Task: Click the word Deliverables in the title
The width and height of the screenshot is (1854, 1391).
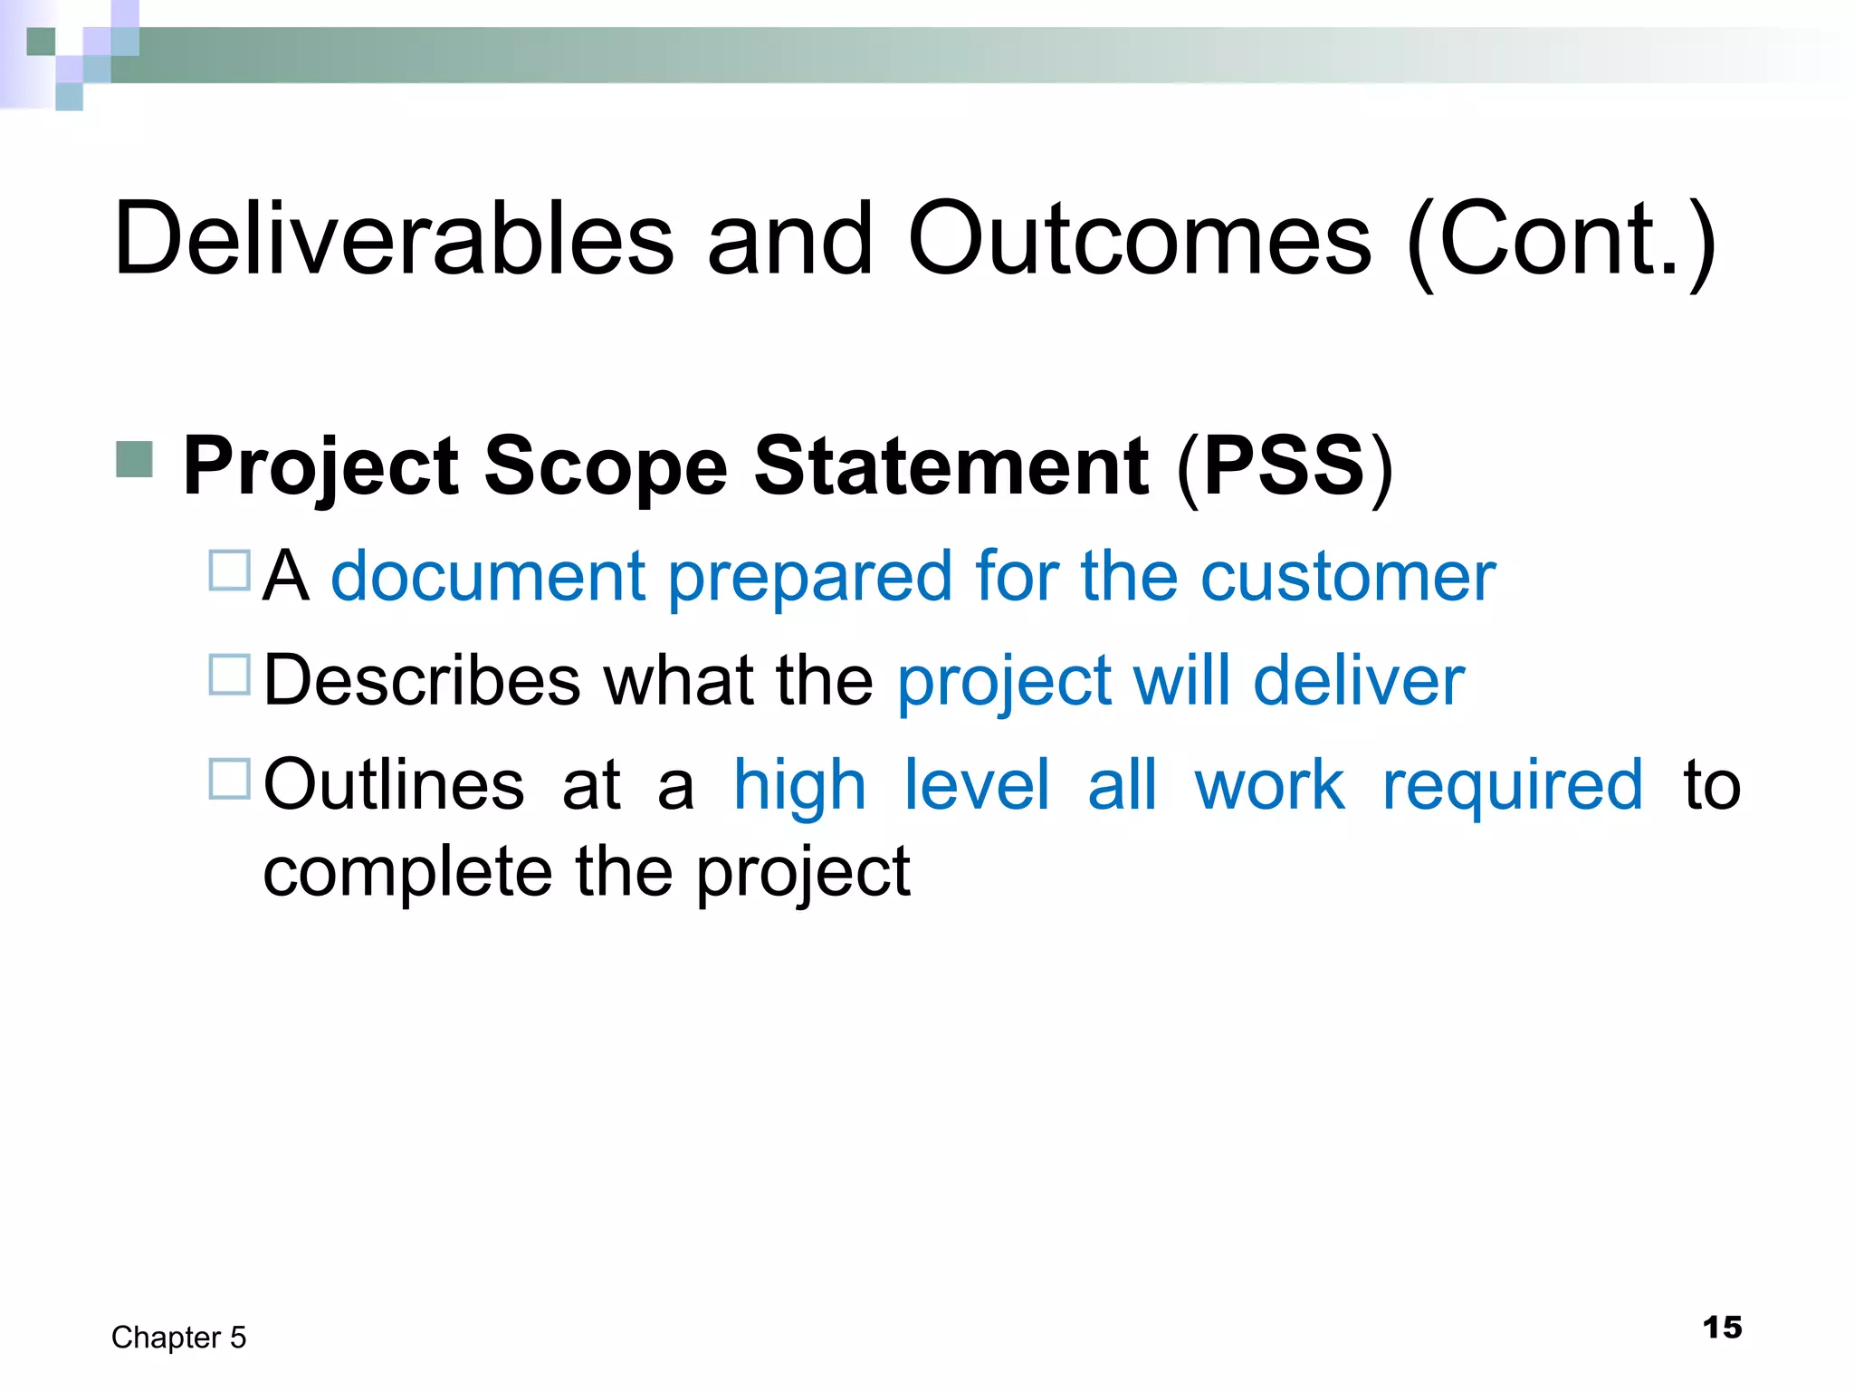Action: pos(394,238)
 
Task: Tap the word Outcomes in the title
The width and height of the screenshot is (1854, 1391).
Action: pos(1139,238)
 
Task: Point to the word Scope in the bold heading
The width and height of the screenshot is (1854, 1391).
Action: pos(606,466)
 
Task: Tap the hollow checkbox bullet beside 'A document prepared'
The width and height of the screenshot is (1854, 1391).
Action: pos(229,571)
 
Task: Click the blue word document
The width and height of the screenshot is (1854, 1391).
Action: pos(488,576)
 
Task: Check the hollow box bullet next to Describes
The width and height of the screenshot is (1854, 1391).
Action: pos(229,675)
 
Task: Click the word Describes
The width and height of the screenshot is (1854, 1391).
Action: pos(422,680)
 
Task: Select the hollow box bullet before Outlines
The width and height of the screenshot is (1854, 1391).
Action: pos(229,779)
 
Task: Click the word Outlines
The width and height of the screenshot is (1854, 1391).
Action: pos(394,784)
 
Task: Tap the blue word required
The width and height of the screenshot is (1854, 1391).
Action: pos(1512,784)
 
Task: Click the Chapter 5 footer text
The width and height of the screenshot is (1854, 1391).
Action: pos(178,1338)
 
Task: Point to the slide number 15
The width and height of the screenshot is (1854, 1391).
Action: pos(1722,1328)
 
